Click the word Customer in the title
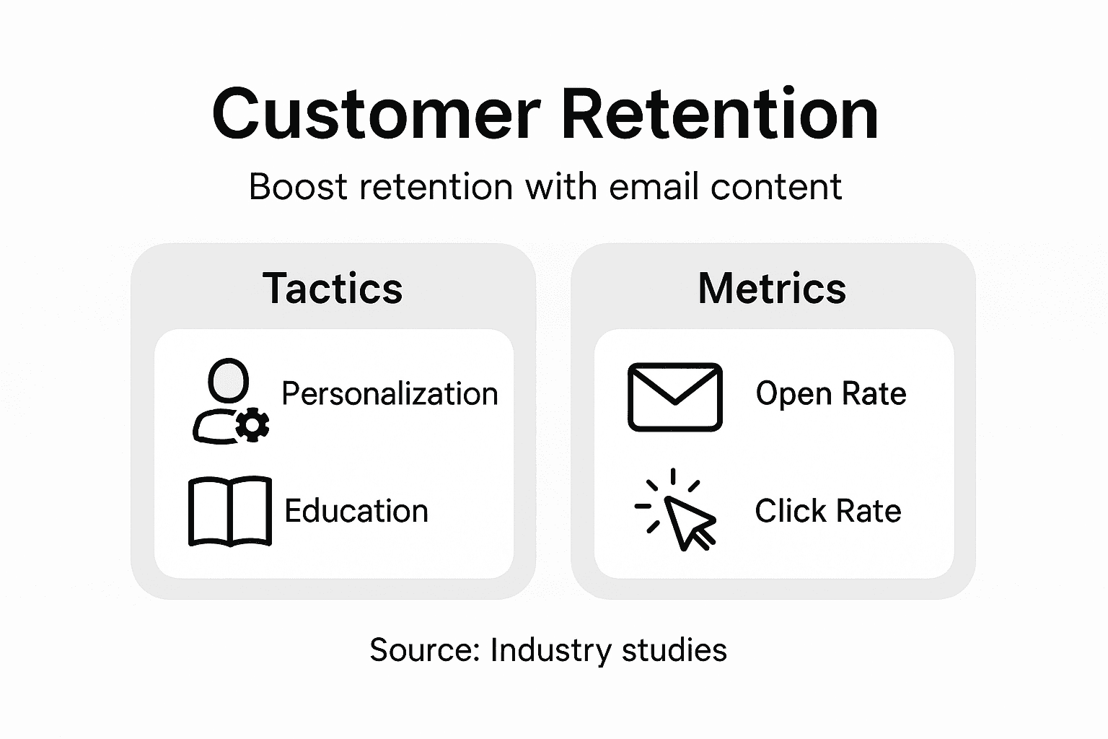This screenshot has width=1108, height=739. tap(376, 114)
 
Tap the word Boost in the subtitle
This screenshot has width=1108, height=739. tap(298, 187)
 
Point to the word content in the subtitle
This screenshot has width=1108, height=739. tap(776, 187)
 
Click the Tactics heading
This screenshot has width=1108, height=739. tap(333, 289)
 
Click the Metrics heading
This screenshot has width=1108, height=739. tap(772, 289)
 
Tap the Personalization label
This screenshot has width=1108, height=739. tap(390, 394)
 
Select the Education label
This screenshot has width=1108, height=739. tap(356, 511)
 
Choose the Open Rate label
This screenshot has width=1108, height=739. tap(831, 394)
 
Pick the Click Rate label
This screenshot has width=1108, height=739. tap(828, 511)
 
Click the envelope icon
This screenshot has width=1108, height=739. tap(674, 397)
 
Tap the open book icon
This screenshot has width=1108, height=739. tap(230, 510)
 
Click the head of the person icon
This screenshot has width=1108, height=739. tap(229, 380)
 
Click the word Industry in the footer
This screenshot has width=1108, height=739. tap(550, 650)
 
